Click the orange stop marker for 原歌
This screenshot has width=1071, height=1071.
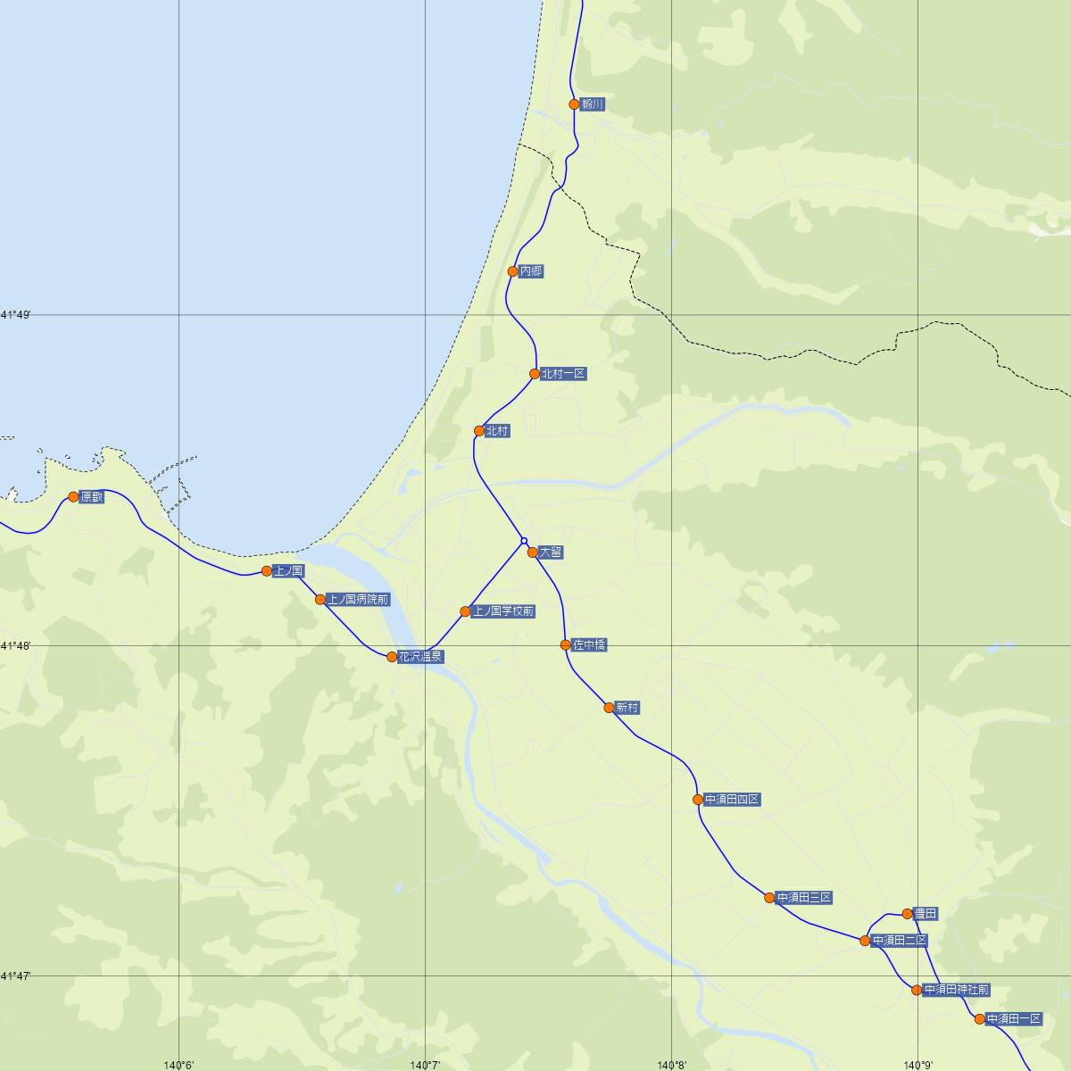(x=74, y=496)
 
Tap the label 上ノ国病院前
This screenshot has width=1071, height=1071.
(x=358, y=600)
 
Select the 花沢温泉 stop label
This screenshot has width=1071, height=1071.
(x=420, y=657)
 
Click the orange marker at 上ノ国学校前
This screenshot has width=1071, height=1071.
(x=465, y=611)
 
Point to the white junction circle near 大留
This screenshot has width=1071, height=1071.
(x=524, y=540)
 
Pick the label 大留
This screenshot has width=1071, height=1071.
(x=551, y=552)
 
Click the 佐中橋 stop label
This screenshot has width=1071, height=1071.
(x=589, y=644)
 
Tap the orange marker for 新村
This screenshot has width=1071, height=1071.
(x=609, y=708)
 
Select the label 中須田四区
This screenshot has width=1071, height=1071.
(x=732, y=800)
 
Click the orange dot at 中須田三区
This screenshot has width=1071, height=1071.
(x=769, y=897)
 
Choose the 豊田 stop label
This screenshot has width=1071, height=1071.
(x=926, y=914)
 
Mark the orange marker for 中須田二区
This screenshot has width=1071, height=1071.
(x=865, y=941)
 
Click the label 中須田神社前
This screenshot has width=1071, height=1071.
(x=956, y=990)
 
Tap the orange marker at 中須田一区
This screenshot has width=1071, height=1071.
(x=979, y=1019)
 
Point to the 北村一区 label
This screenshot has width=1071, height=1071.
(x=563, y=374)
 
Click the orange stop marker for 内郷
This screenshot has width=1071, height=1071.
(x=512, y=271)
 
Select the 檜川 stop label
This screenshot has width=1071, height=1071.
(x=593, y=104)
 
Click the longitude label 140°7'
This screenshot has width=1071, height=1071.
(x=426, y=1065)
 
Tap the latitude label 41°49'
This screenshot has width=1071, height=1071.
(x=16, y=315)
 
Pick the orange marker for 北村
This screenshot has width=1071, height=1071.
(x=479, y=431)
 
